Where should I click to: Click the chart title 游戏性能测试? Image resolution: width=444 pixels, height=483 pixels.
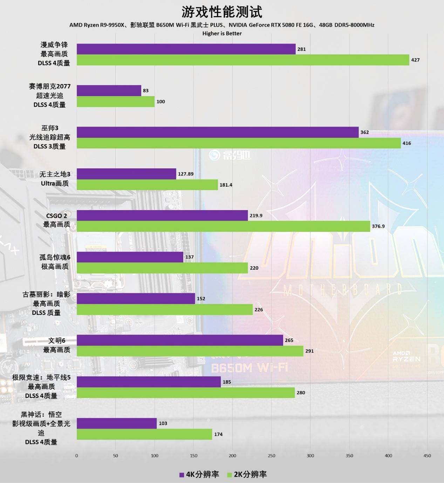point(222,12)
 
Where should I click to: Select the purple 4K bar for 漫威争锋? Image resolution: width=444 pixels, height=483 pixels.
point(186,49)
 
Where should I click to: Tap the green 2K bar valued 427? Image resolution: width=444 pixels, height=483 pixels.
point(243,60)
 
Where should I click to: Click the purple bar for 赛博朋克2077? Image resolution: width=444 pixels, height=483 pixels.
point(109,90)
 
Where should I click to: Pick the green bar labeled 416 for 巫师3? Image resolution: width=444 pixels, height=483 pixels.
point(238,143)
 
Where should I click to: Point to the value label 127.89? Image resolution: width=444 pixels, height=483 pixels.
point(186,174)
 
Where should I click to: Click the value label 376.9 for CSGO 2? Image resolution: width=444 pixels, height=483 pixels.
point(378,226)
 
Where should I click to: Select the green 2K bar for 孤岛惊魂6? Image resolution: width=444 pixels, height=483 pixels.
point(162,268)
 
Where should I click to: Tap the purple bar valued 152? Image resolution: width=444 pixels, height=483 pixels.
point(136,298)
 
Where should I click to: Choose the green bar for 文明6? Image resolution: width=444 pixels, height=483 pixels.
point(190,351)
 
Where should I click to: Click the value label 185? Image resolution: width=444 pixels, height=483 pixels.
point(227,382)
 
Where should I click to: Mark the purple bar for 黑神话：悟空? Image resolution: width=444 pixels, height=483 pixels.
point(116,423)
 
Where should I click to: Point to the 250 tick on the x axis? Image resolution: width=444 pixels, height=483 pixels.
point(272,456)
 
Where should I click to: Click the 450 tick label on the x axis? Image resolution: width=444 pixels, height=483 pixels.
point(427,456)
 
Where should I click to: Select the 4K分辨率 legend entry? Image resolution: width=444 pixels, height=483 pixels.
point(199,475)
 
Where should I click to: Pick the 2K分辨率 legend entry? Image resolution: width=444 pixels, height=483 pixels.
point(247,475)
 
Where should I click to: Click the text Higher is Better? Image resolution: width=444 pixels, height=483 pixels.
point(222,33)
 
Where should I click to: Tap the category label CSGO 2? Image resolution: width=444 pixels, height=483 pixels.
point(56,216)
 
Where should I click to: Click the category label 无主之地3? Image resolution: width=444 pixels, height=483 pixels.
point(55,174)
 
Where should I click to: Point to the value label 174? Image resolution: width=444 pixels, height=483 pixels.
point(218,434)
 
